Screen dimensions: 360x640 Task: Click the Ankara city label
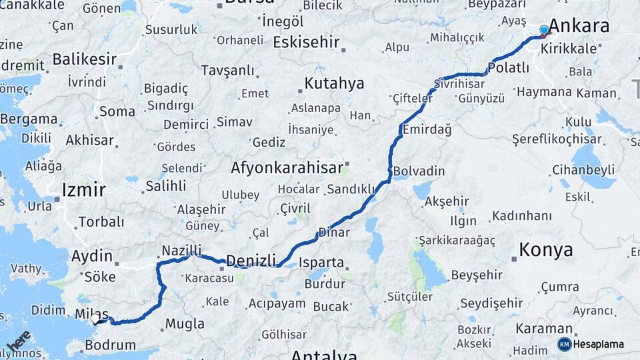579,26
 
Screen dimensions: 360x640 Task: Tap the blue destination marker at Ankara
544,30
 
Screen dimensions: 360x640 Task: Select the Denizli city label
251,261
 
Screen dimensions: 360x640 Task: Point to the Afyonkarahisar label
287,167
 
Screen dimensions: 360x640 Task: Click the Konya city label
545,250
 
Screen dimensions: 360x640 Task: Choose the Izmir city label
83,190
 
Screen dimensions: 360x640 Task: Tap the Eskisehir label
307,43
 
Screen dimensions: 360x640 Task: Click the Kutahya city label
335,83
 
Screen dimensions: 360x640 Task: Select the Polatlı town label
509,68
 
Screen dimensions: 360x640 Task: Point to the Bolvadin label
419,171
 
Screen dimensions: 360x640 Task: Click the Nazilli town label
181,251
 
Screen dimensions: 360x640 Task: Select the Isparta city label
321,263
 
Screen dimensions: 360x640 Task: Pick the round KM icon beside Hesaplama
565,345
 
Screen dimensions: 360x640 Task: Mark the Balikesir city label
85,59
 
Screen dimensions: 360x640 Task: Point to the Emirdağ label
426,130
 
